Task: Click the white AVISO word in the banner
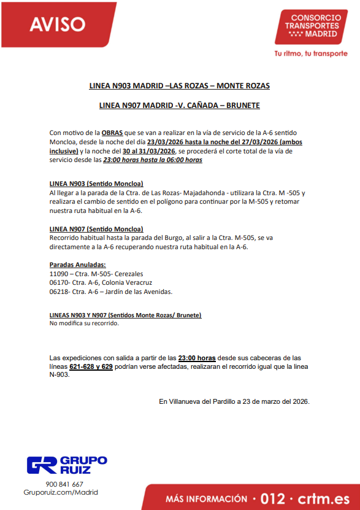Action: click(x=58, y=24)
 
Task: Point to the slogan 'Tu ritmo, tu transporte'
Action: click(x=310, y=53)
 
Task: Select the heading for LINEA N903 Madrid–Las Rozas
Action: click(x=180, y=85)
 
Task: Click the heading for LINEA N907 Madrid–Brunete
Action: click(x=180, y=106)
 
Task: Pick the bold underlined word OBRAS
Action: click(x=112, y=133)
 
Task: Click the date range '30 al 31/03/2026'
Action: click(x=149, y=151)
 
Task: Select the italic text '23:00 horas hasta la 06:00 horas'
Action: click(x=153, y=160)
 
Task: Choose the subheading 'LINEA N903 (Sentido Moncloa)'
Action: click(x=96, y=184)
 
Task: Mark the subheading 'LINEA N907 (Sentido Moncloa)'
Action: click(x=96, y=229)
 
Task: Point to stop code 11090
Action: click(x=59, y=274)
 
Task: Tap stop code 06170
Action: click(x=59, y=283)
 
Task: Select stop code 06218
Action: click(x=59, y=292)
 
